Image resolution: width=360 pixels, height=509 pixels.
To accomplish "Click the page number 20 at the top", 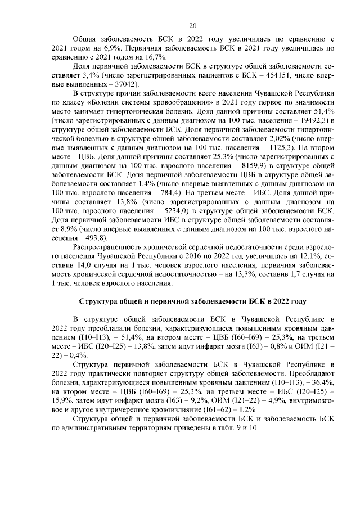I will [192, 25].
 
